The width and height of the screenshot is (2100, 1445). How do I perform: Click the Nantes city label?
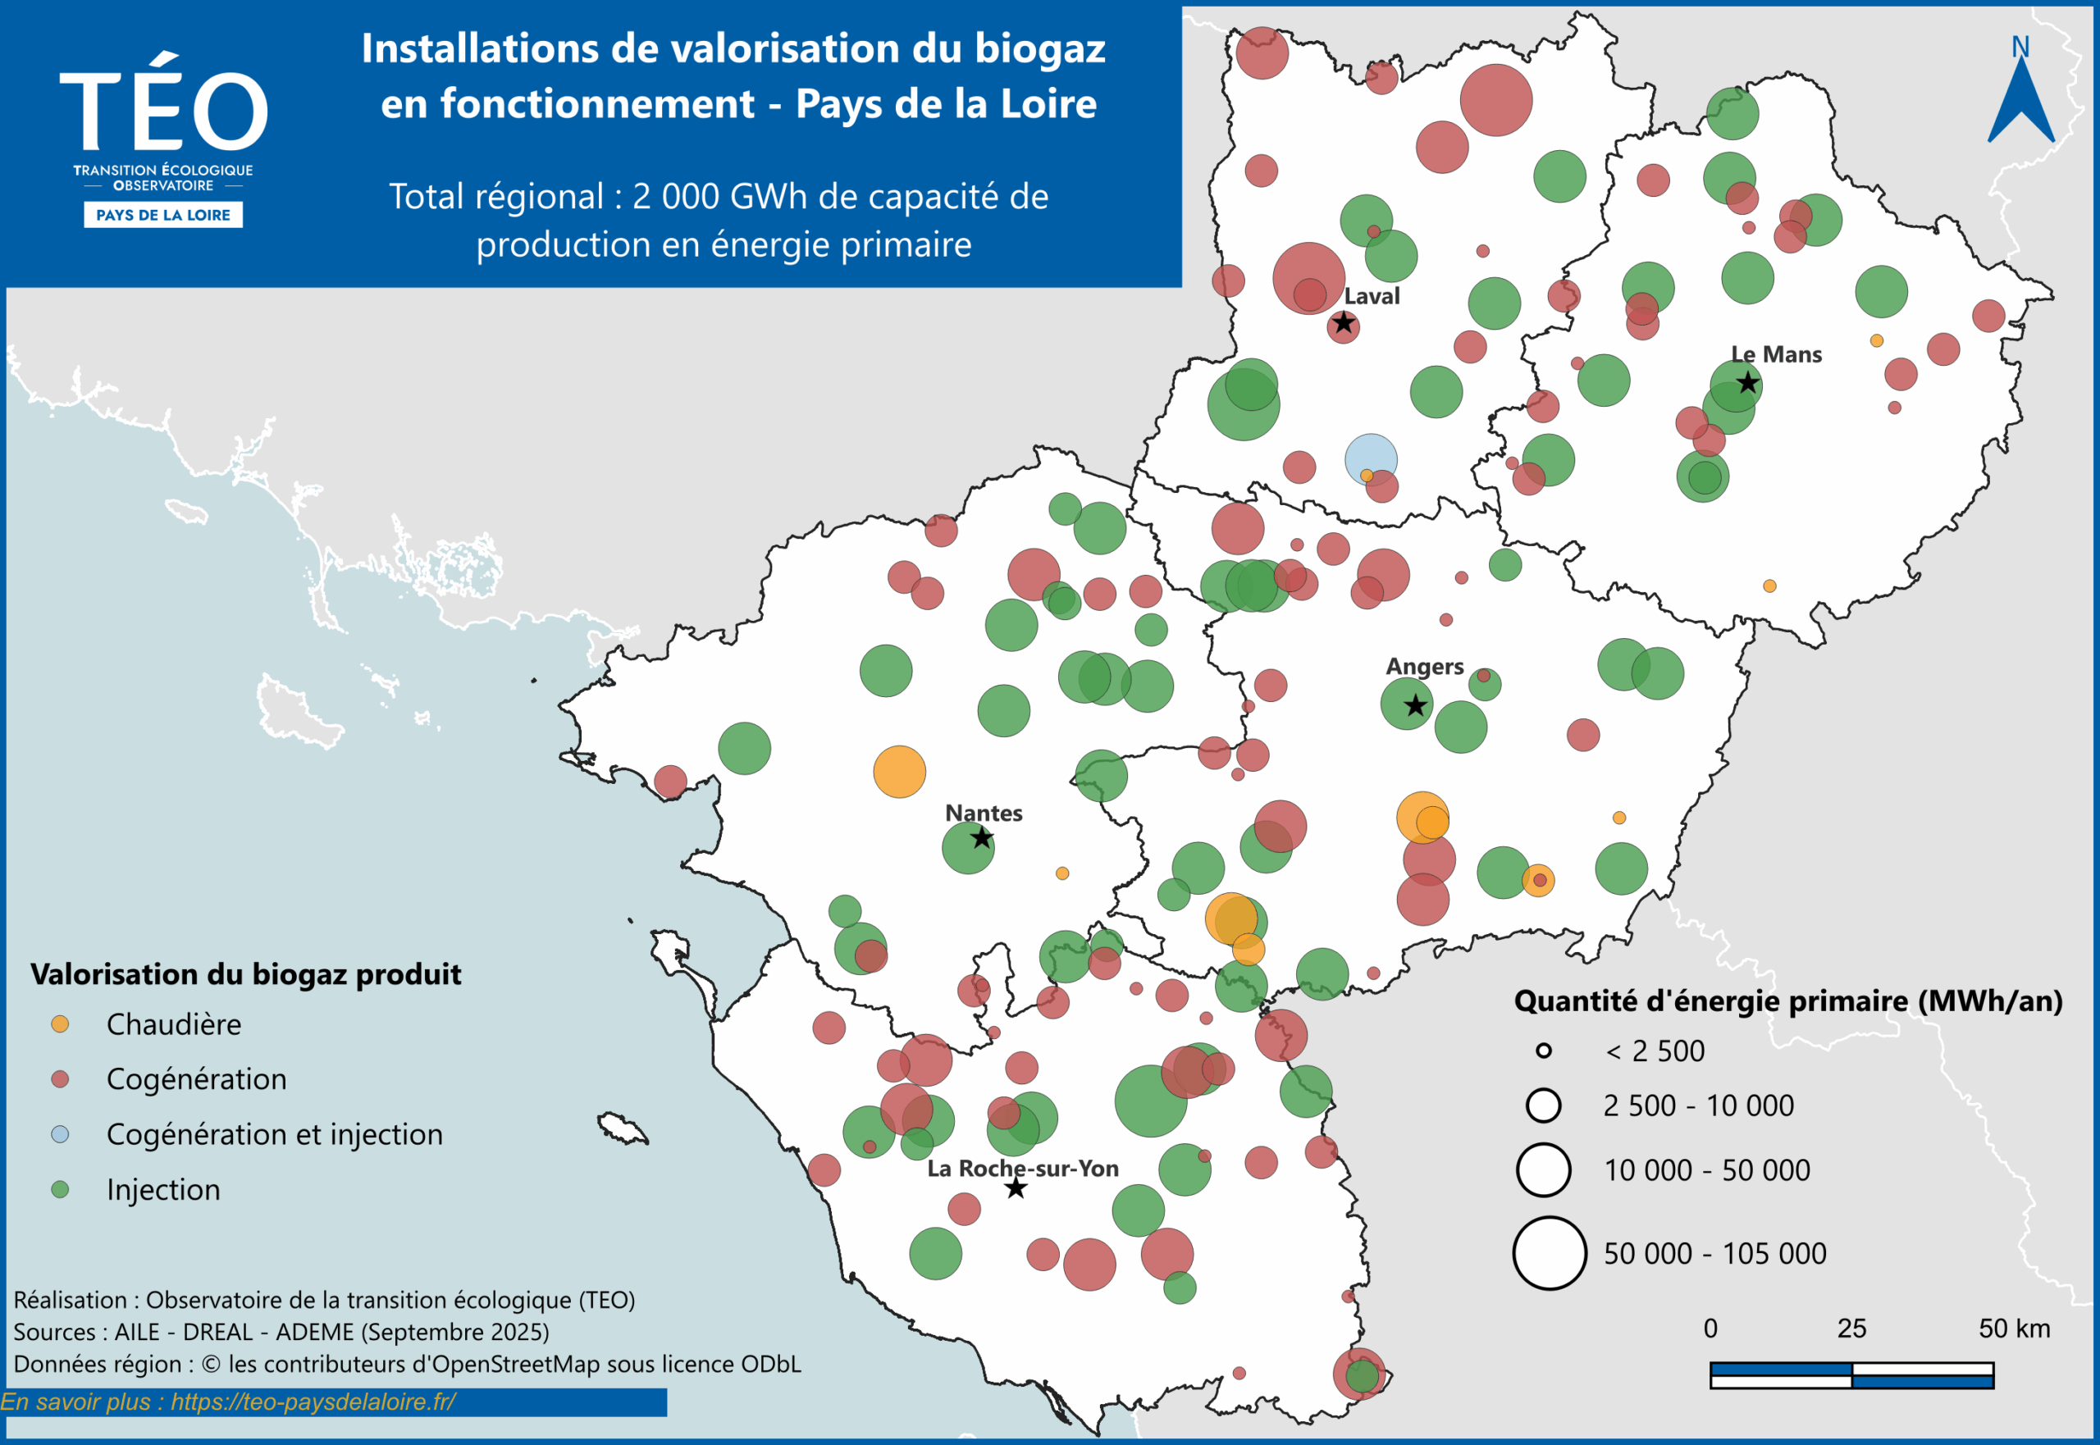tap(984, 813)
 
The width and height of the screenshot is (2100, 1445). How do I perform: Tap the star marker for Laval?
tap(1343, 323)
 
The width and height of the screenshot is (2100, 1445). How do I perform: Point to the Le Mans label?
tap(1776, 354)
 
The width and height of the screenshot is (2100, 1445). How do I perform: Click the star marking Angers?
tap(1415, 705)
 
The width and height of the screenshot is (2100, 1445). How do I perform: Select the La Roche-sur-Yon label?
tap(1022, 1168)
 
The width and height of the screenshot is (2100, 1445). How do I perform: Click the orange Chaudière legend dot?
tap(60, 1024)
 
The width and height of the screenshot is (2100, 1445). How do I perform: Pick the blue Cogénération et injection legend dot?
tap(60, 1133)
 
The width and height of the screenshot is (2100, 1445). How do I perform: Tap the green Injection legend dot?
tap(60, 1189)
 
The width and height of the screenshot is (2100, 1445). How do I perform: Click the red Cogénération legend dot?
tap(60, 1079)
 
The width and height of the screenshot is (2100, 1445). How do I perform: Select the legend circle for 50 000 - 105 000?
tap(1550, 1253)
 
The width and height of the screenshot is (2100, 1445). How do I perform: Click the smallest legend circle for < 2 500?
tap(1544, 1051)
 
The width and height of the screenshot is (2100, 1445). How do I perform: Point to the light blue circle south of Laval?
tap(1371, 459)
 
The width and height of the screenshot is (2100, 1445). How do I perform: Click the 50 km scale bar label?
tap(2014, 1329)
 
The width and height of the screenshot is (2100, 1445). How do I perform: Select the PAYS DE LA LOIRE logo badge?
tap(163, 215)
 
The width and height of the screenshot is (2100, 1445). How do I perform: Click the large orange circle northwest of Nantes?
tap(899, 772)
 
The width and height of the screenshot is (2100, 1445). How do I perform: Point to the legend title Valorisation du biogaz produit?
tap(245, 974)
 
